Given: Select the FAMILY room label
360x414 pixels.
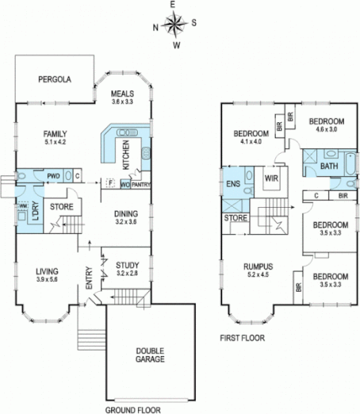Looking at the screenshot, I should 55,134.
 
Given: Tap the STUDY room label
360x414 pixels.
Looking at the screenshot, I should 127,265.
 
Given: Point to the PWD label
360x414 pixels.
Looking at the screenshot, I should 54,176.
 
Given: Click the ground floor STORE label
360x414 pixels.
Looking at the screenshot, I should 62,208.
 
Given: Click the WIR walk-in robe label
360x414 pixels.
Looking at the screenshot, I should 270,178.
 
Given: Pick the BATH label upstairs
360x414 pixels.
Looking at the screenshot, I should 328,167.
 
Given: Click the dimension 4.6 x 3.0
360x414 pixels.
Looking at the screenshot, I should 326,128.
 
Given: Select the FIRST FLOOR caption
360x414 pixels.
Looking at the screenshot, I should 242,337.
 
